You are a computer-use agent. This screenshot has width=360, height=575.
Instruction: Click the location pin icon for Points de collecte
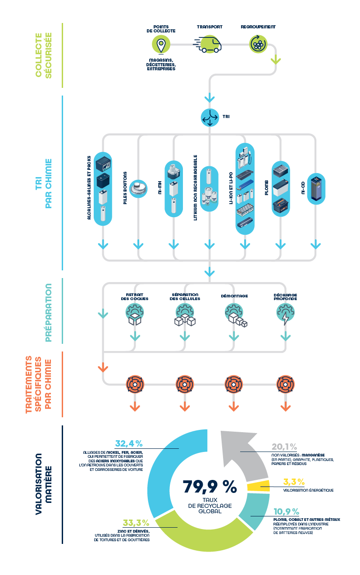[x=161, y=45]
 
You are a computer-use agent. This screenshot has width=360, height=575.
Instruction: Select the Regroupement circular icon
[x=258, y=44]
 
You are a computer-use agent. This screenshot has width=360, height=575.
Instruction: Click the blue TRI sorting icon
[x=210, y=118]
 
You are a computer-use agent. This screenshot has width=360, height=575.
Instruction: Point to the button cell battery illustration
[x=138, y=189]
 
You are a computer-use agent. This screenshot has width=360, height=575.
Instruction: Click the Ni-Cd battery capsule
[x=316, y=189]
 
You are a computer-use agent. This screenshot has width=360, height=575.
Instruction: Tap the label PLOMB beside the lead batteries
[x=266, y=187]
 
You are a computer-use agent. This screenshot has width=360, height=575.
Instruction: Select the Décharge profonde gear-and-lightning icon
[x=285, y=314]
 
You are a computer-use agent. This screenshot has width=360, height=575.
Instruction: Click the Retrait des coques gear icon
[x=135, y=314]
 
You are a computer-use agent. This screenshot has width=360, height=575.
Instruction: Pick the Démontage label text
[x=234, y=296]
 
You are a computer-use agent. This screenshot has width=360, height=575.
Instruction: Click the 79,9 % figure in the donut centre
[x=210, y=487]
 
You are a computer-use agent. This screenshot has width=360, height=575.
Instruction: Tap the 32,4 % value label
[x=129, y=443]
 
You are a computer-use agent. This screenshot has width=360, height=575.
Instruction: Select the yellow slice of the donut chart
[x=258, y=486]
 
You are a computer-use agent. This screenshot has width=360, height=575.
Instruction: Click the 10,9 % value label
[x=287, y=511]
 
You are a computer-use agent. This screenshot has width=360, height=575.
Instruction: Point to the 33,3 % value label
[x=136, y=523]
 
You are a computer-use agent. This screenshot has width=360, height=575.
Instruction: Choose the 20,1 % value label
[x=284, y=447]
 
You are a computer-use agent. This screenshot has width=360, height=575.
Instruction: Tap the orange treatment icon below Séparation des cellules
[x=185, y=384]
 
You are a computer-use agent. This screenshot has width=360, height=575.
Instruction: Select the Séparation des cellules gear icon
[x=185, y=314]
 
